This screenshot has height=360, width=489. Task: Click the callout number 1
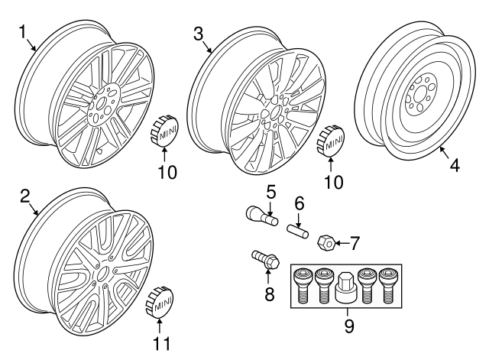[x=23, y=31]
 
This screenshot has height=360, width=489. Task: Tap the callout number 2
[x=25, y=197]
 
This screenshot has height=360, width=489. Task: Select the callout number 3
[x=198, y=33]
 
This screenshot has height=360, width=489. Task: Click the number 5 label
[x=271, y=190]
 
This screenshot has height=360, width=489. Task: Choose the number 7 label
[x=354, y=245]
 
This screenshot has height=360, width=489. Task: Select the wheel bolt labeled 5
[x=257, y=215]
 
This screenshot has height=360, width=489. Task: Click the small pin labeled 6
[x=298, y=228]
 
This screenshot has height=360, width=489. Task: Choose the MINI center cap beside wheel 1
[x=163, y=130]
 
